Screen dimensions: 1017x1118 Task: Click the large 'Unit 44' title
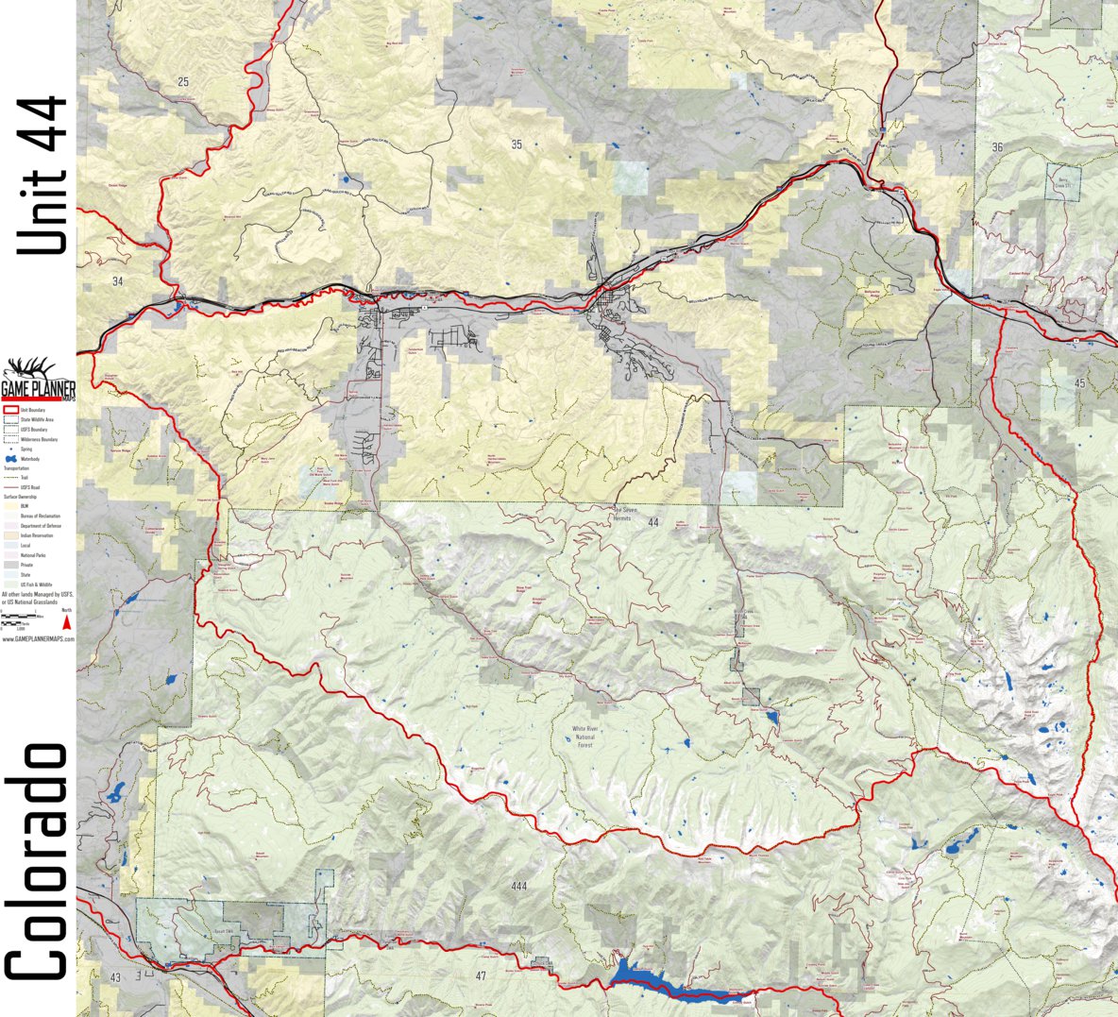pyautogui.click(x=43, y=175)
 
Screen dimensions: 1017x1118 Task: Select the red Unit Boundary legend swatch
pyautogui.click(x=11, y=411)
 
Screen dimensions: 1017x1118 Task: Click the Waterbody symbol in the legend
pyautogui.click(x=11, y=459)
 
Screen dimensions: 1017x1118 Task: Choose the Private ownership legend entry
pyautogui.click(x=12, y=565)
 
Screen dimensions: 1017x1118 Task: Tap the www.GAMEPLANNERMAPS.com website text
pyautogui.click(x=38, y=639)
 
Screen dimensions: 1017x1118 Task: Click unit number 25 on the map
pyautogui.click(x=182, y=82)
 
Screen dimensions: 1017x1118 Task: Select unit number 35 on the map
pyautogui.click(x=516, y=144)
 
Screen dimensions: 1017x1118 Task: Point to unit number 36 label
pyautogui.click(x=997, y=147)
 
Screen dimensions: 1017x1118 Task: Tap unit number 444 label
pyautogui.click(x=517, y=886)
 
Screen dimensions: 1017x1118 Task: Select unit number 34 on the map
pyautogui.click(x=117, y=281)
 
